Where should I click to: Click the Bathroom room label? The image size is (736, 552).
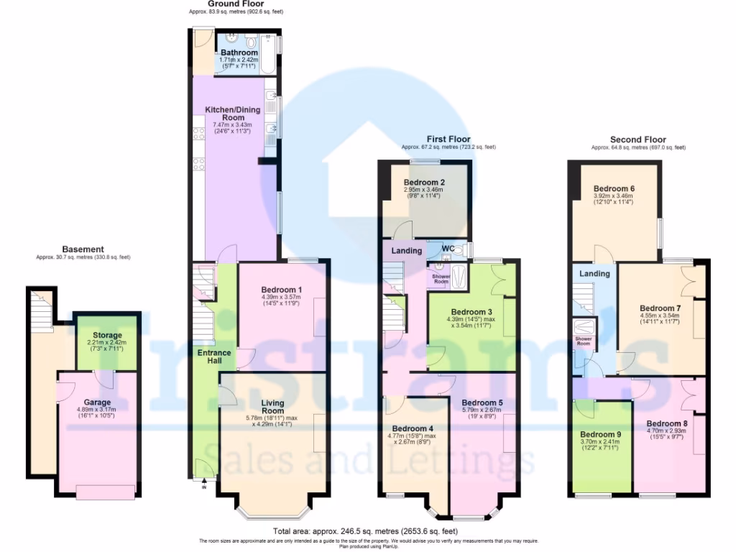(x=239, y=52)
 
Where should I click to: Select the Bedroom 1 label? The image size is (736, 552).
(x=281, y=290)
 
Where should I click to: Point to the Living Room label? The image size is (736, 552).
(x=272, y=407)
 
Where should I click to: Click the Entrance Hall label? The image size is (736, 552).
(x=214, y=356)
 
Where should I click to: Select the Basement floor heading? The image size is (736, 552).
(x=83, y=249)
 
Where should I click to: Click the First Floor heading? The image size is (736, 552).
(x=448, y=139)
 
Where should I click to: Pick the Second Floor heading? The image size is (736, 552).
(x=638, y=139)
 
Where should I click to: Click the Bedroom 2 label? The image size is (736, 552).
(x=424, y=183)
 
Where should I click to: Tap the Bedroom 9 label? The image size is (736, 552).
(x=600, y=434)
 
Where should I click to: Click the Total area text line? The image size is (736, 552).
(x=367, y=531)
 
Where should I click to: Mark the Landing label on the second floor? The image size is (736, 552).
(x=594, y=273)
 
